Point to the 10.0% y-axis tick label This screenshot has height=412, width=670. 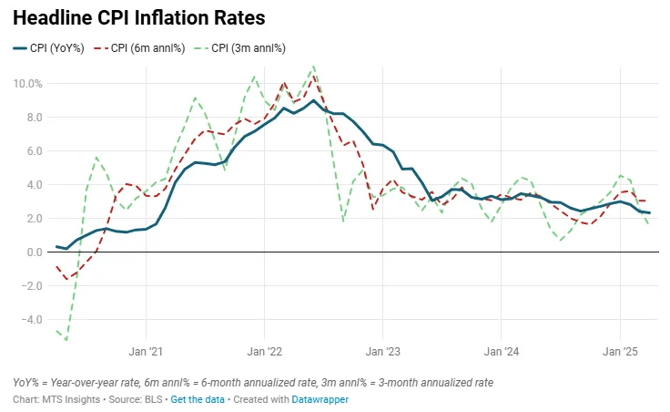pos(28,84)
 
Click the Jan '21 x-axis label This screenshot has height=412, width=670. pos(146,351)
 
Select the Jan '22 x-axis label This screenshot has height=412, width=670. pos(264,351)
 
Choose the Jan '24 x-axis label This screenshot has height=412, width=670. pos(502,351)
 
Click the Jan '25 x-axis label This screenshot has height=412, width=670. pos(620,351)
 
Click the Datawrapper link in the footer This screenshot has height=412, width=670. pos(321,399)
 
